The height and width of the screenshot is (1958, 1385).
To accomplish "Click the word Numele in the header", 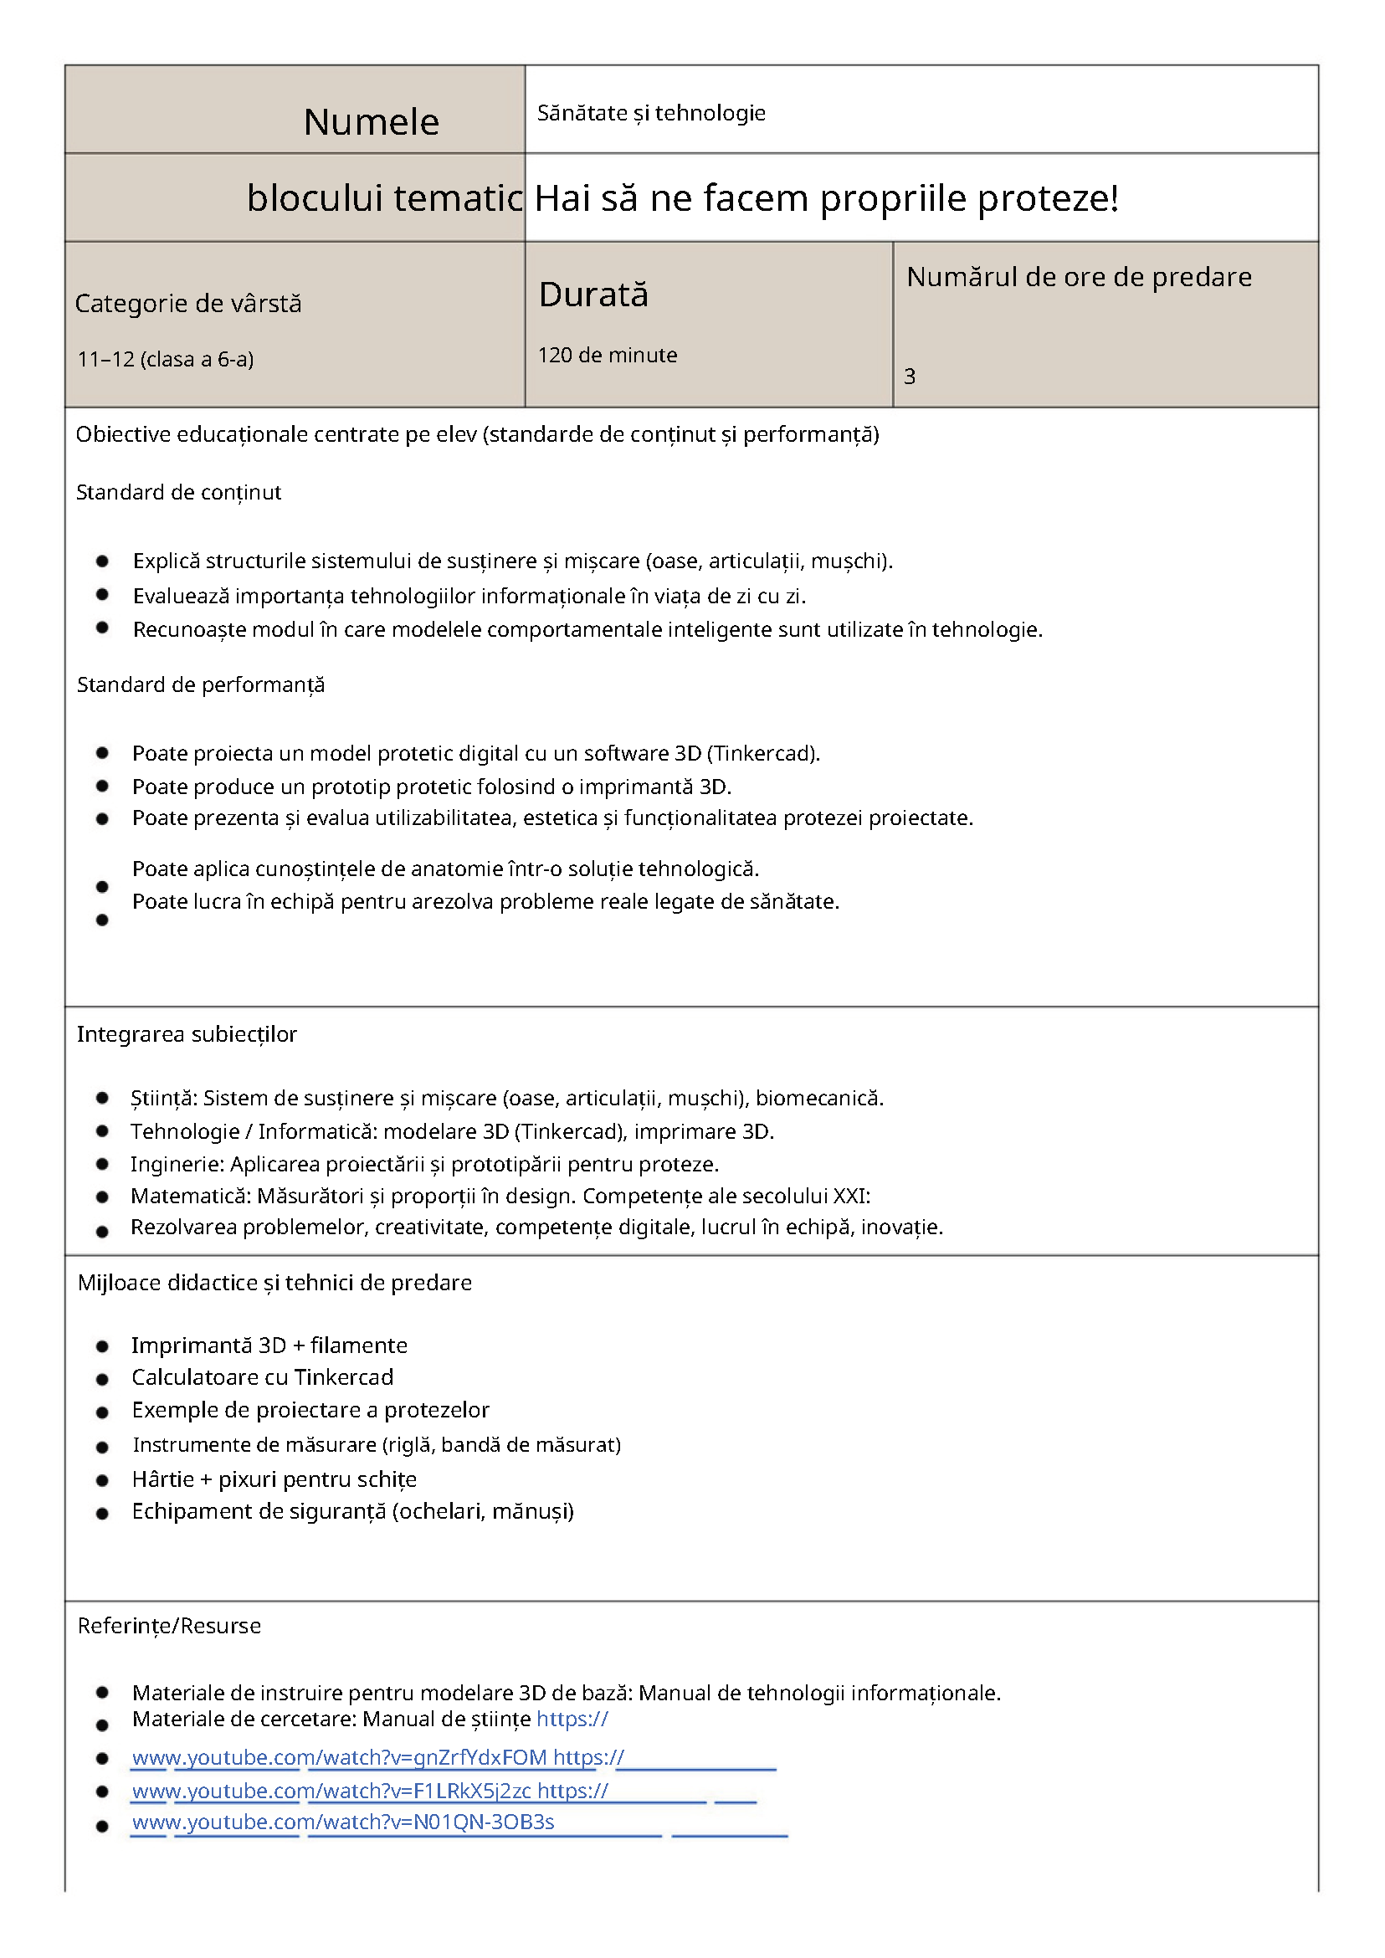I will click(x=371, y=122).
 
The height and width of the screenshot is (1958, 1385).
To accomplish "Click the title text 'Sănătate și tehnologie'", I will click(x=651, y=114).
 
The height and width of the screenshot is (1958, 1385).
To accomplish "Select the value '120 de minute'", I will click(x=608, y=355).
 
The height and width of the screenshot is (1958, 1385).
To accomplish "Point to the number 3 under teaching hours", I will click(x=909, y=376).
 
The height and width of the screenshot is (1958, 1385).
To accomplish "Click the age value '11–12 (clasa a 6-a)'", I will click(x=166, y=359).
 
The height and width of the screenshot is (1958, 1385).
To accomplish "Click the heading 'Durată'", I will click(x=593, y=295).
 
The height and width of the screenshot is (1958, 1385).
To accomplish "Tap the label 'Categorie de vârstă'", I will click(x=187, y=304).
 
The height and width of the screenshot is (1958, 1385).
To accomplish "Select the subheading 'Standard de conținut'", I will click(x=178, y=492).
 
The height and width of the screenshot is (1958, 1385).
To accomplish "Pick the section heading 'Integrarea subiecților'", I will click(x=187, y=1034).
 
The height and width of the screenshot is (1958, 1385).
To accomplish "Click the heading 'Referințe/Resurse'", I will click(x=169, y=1626).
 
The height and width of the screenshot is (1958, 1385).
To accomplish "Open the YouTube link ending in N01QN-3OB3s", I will click(x=343, y=1822).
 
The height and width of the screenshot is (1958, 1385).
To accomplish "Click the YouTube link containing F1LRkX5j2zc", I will click(x=331, y=1791).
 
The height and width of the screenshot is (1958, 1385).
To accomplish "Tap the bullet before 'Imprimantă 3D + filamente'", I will click(x=102, y=1346).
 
